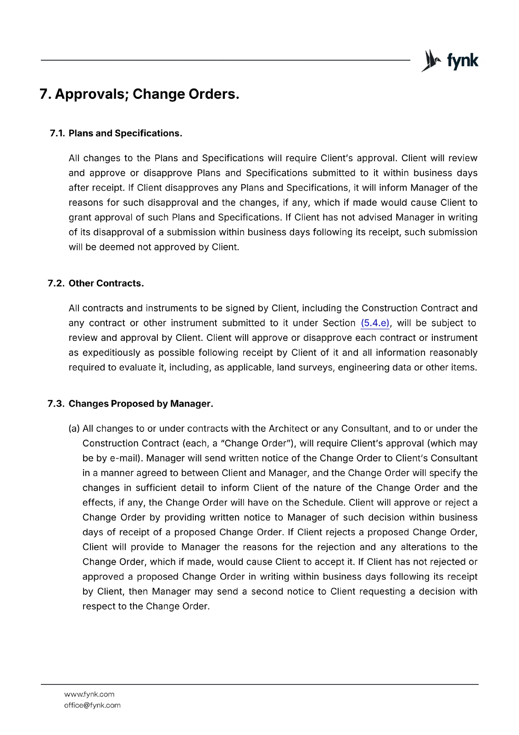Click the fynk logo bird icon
[430, 61]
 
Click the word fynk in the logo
[463, 61]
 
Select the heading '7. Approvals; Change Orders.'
[140, 94]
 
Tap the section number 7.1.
[57, 133]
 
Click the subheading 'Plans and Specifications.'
[125, 133]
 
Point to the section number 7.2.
[56, 283]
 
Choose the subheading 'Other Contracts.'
[106, 283]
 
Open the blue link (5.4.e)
[375, 323]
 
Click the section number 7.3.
[56, 404]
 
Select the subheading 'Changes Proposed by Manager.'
[141, 404]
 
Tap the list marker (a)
[74, 429]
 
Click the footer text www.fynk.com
[89, 694]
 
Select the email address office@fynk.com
[92, 705]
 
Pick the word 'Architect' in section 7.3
[288, 429]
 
